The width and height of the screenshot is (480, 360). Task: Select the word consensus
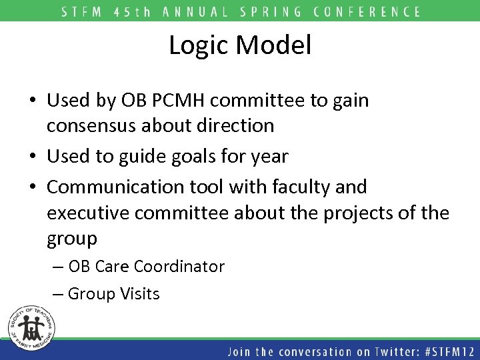tap(93, 125)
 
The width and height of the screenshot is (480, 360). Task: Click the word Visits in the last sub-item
tap(138, 293)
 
